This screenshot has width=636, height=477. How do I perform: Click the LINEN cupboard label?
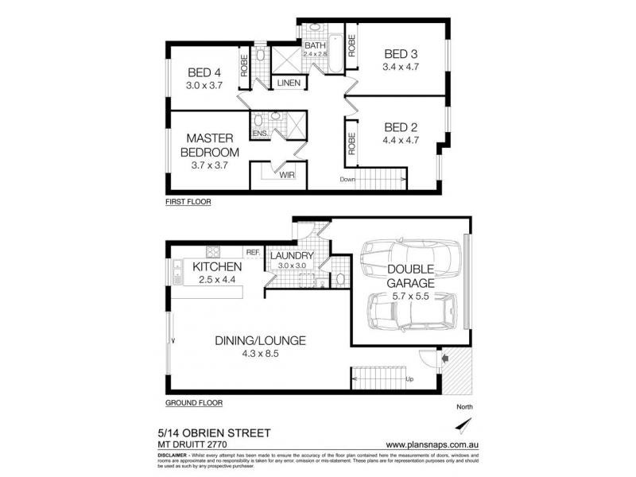coord(288,83)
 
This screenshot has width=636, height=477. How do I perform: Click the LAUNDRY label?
coord(293,256)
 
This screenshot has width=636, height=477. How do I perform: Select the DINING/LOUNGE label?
coord(260,341)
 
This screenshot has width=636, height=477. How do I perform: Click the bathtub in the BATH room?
coord(334,55)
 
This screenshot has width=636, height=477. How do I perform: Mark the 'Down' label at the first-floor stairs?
coord(346,179)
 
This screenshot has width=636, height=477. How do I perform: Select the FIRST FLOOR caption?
coord(188,203)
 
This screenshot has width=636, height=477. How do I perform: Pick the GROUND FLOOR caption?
coord(194,402)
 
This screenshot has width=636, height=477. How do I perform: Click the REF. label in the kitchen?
coord(253,252)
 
